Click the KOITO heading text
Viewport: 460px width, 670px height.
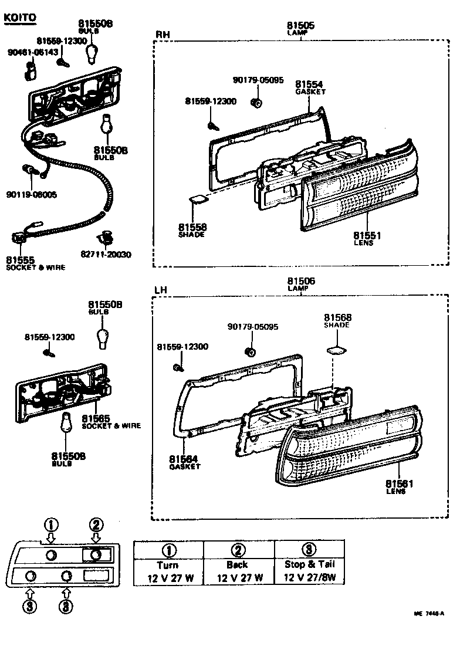(x=20, y=17)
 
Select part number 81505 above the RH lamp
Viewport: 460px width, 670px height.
(x=300, y=26)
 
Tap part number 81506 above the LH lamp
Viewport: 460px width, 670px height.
(x=300, y=282)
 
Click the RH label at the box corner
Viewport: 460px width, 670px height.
(x=163, y=35)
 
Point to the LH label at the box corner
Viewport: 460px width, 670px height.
(x=161, y=290)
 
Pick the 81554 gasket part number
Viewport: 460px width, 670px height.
(x=309, y=84)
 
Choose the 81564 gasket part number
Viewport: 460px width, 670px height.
(x=184, y=459)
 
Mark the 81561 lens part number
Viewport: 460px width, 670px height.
(x=400, y=483)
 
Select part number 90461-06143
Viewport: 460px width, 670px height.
(x=33, y=52)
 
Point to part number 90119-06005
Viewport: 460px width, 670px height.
(x=33, y=194)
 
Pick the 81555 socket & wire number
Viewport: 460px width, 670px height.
(x=21, y=260)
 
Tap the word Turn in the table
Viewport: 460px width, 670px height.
(x=168, y=565)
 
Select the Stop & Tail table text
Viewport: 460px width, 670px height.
(x=309, y=565)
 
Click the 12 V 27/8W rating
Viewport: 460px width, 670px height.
(x=309, y=578)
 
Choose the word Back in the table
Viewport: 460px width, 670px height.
(x=237, y=565)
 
